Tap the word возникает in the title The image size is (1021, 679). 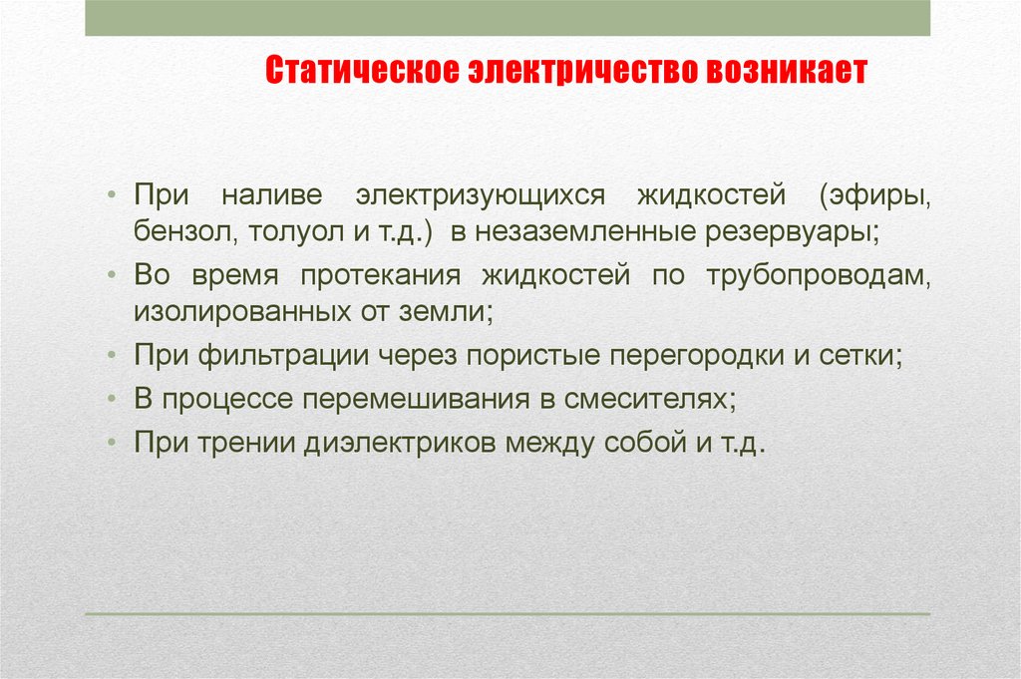787,70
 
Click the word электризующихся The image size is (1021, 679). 480,195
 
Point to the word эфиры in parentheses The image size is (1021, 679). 874,195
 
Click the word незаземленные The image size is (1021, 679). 584,232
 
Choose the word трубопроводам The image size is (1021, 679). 819,276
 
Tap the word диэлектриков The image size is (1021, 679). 401,443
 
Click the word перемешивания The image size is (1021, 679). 416,399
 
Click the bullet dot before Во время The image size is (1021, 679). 112,275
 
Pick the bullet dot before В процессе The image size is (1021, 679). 112,399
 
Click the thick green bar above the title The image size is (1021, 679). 508,18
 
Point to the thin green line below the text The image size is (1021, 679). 508,614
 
